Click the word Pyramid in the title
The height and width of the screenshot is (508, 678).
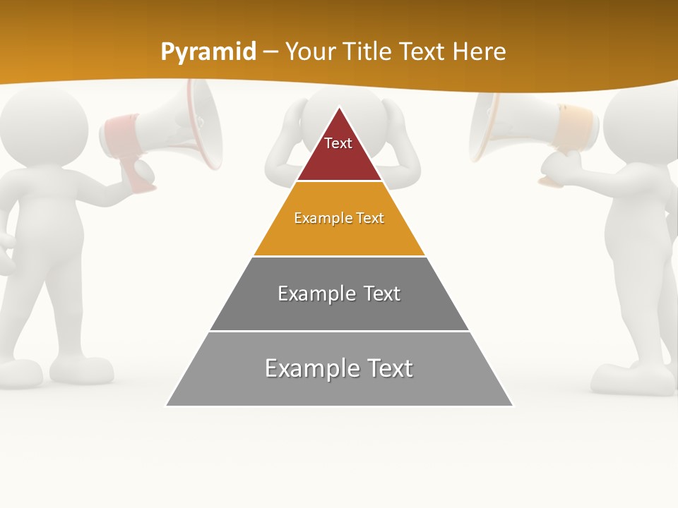click(208, 52)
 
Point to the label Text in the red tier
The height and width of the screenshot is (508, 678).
click(338, 143)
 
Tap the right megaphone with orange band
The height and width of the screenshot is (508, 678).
click(523, 127)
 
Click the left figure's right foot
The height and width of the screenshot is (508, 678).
click(81, 370)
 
